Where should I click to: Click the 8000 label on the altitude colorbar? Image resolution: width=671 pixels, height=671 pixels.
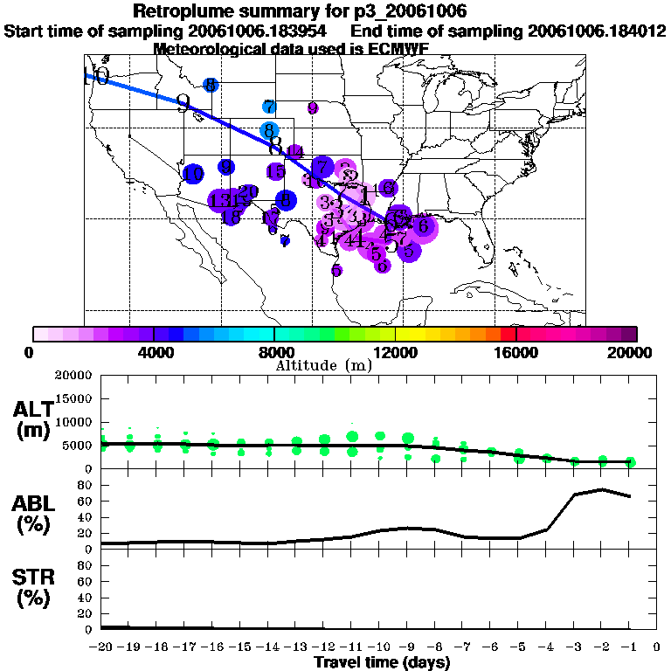click(x=274, y=352)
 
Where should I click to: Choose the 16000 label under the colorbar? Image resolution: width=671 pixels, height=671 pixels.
click(x=516, y=352)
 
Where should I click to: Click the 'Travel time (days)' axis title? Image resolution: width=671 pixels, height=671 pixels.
click(x=382, y=662)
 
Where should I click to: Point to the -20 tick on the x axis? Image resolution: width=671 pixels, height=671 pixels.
click(x=102, y=647)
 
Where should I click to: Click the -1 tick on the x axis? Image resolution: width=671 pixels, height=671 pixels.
click(x=629, y=647)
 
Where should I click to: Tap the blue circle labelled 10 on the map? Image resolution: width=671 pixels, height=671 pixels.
click(x=194, y=174)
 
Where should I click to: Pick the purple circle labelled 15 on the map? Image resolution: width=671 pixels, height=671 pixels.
click(x=275, y=171)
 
